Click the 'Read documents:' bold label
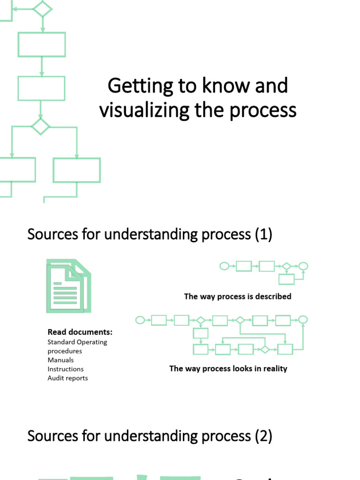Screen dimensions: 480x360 click(80, 332)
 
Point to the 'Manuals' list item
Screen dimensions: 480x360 click(60, 360)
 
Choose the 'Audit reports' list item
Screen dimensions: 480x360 click(67, 378)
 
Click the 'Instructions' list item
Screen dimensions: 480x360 click(66, 369)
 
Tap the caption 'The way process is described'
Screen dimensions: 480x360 click(238, 296)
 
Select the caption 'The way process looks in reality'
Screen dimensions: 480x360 click(228, 368)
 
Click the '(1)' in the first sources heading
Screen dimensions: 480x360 click(263, 234)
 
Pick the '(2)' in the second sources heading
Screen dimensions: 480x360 click(263, 436)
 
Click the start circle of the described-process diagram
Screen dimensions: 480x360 click(224, 266)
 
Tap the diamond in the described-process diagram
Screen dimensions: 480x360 click(285, 266)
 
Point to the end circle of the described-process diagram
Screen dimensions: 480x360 click(304, 266)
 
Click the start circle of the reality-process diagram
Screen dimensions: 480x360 click(139, 320)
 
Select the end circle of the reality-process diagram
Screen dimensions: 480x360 click(303, 320)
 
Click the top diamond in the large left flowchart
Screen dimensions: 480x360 click(42, 8)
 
